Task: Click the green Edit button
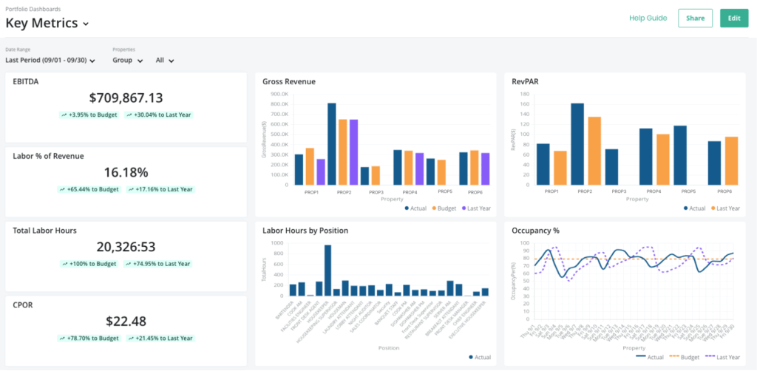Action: point(733,18)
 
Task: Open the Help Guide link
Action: point(648,18)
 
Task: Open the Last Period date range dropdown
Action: point(50,61)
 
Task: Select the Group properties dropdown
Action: point(127,61)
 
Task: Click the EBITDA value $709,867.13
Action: point(126,98)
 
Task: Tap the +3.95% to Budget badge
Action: point(89,115)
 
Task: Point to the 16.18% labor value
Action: point(126,172)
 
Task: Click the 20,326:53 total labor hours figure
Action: point(126,247)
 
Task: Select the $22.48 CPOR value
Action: point(126,321)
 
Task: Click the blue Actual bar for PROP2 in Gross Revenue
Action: point(332,144)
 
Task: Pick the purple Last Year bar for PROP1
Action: point(321,171)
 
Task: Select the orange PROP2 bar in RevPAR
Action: point(594,151)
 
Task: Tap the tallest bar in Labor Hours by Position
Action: point(327,270)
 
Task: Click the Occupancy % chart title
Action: point(535,231)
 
